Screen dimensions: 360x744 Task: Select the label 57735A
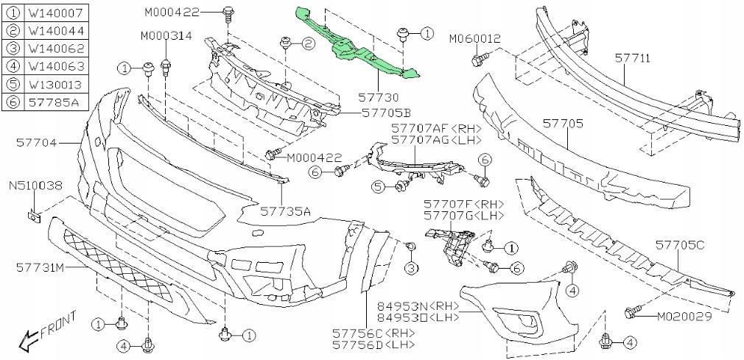pos(285,211)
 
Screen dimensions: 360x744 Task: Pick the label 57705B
pos(386,113)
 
